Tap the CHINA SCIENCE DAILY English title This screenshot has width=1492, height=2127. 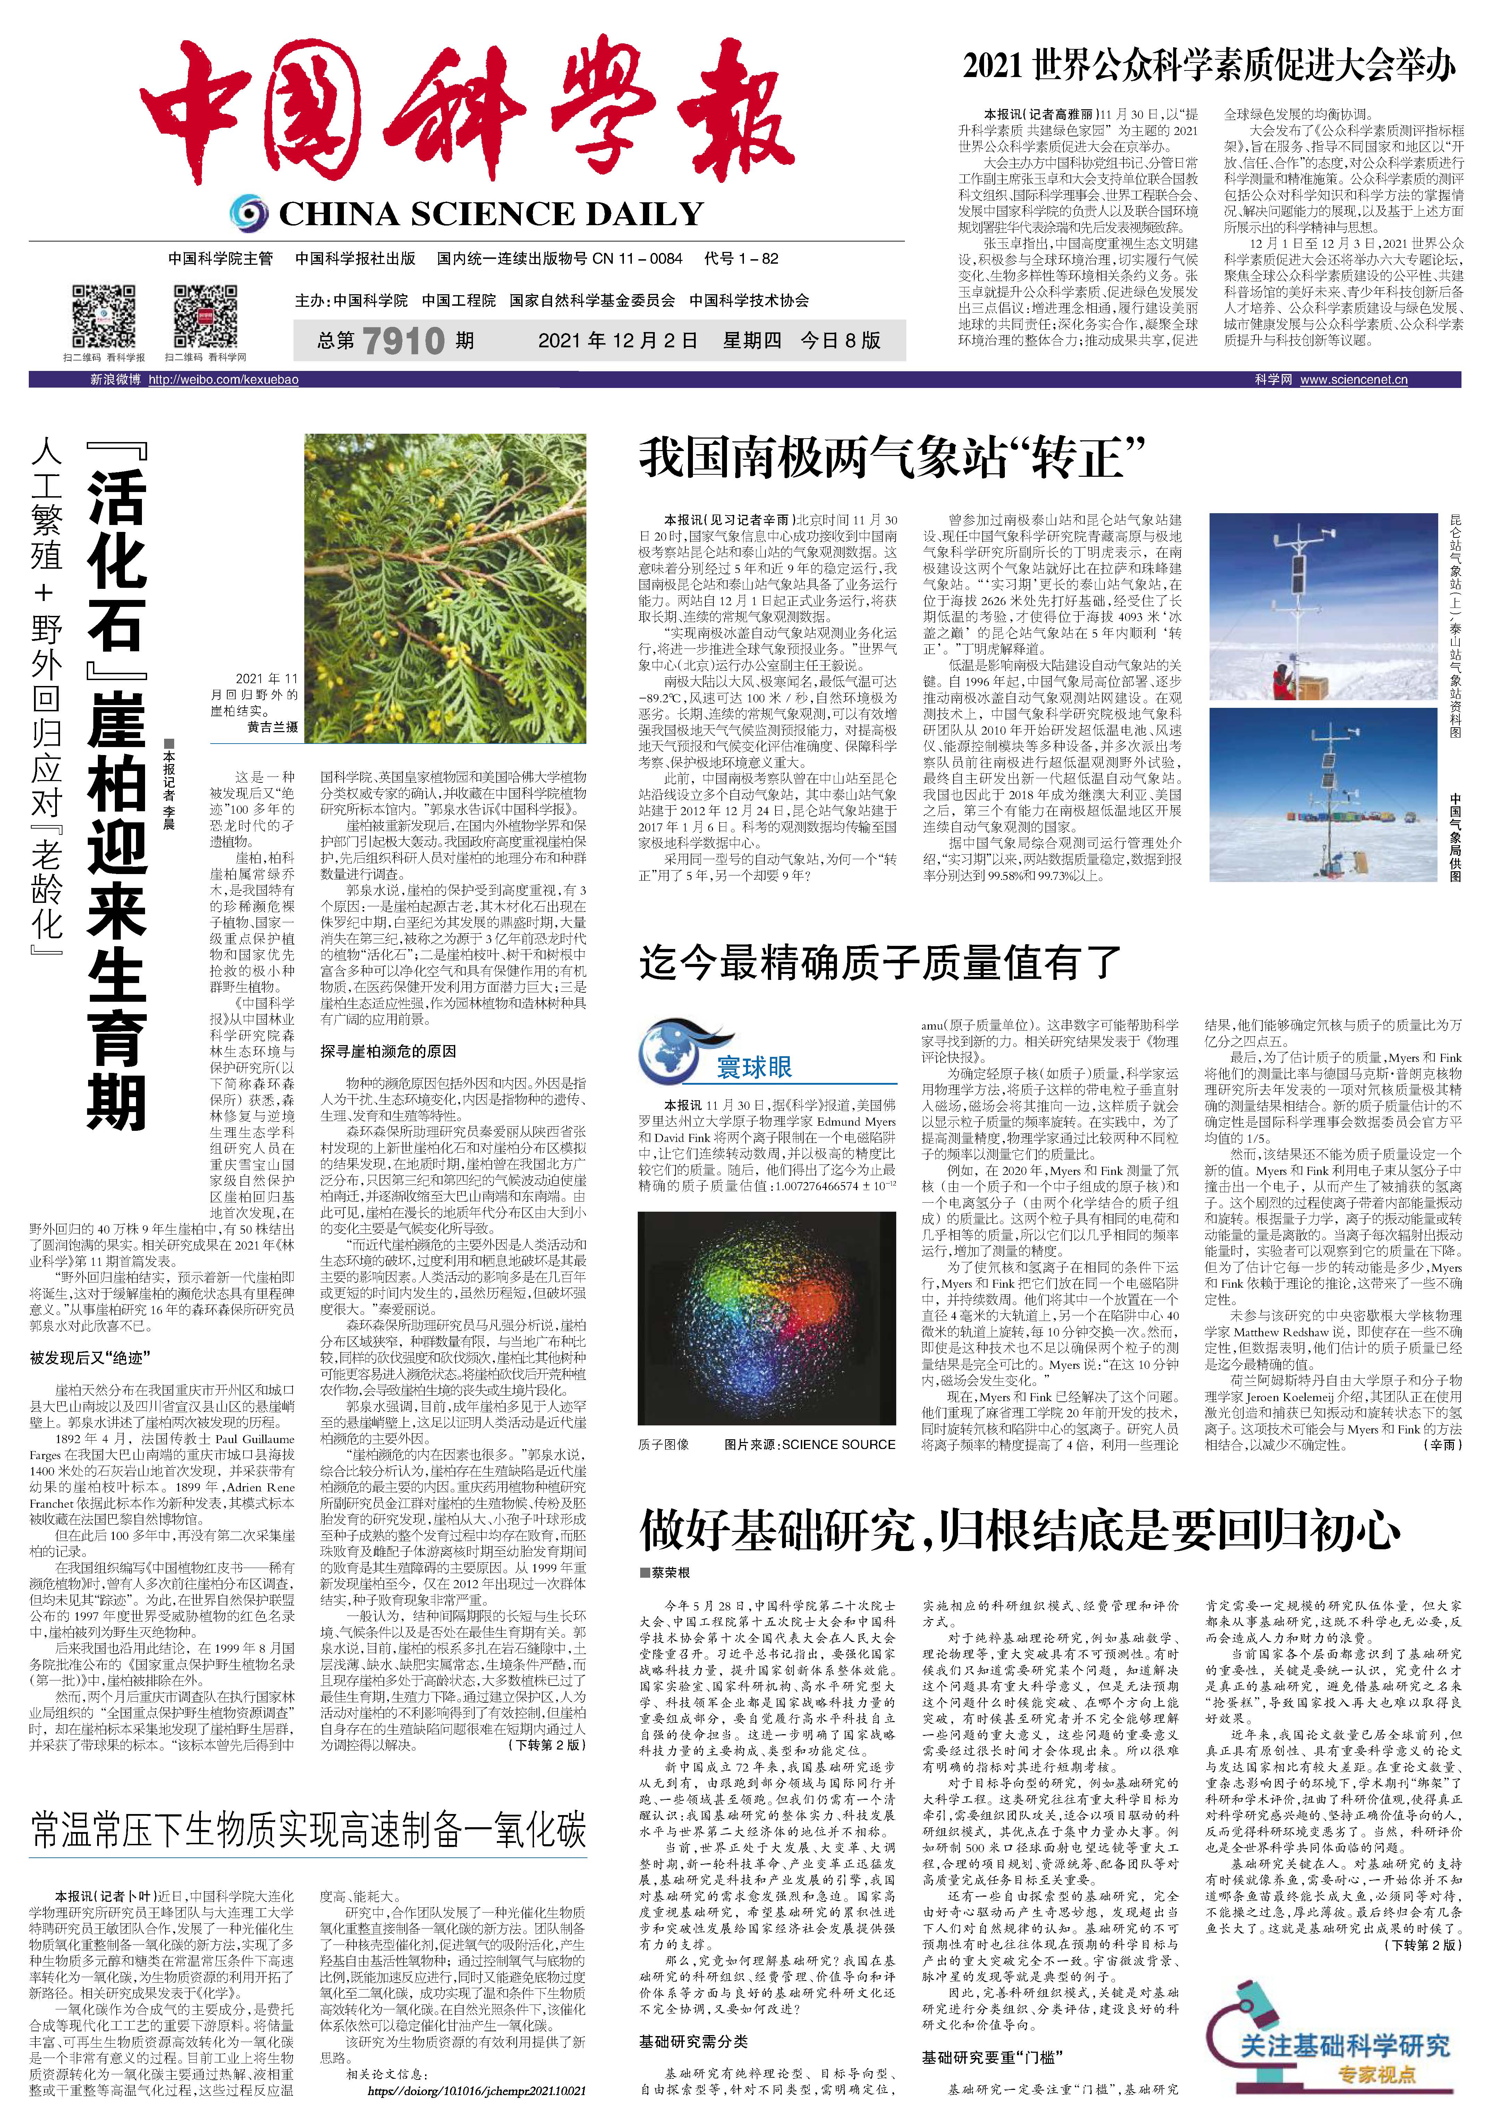[491, 215]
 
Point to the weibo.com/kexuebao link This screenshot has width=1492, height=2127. [223, 380]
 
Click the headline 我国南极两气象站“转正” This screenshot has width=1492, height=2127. [893, 459]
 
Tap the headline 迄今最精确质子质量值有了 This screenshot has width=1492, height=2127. [880, 964]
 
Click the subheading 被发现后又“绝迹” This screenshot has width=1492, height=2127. [90, 1358]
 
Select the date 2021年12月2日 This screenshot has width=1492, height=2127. [618, 341]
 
